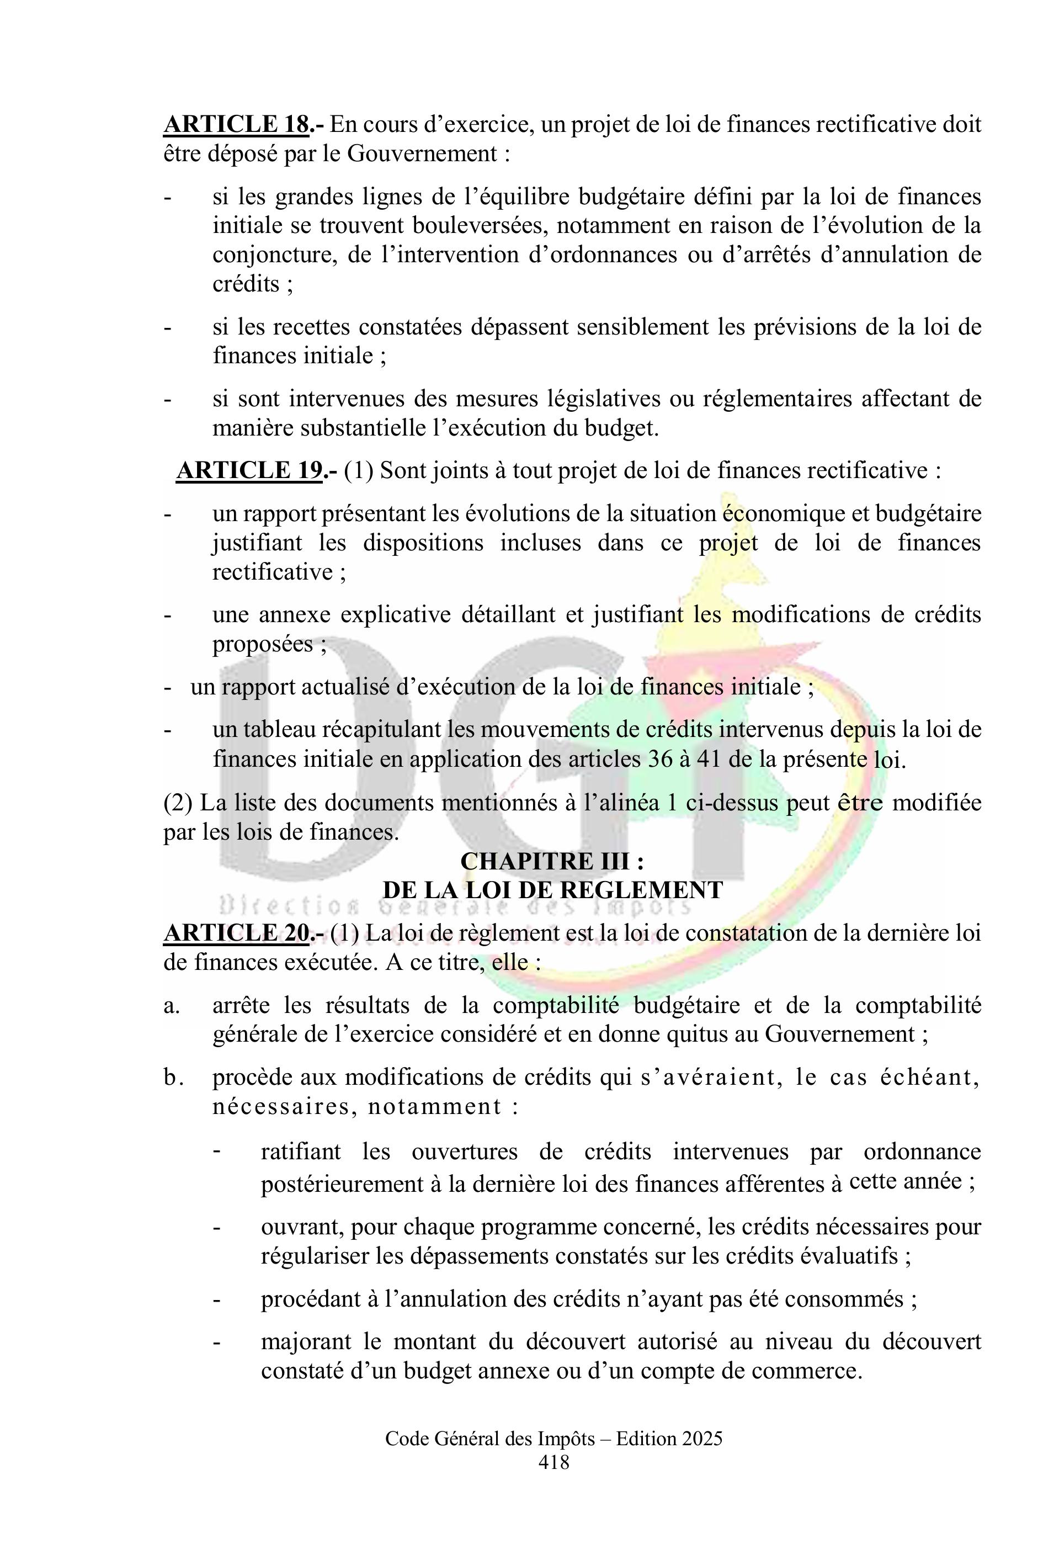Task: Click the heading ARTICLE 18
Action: [237, 124]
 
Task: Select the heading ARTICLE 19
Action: [250, 470]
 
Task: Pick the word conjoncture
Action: [272, 255]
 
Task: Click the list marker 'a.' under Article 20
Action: [172, 1005]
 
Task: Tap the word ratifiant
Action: [301, 1151]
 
